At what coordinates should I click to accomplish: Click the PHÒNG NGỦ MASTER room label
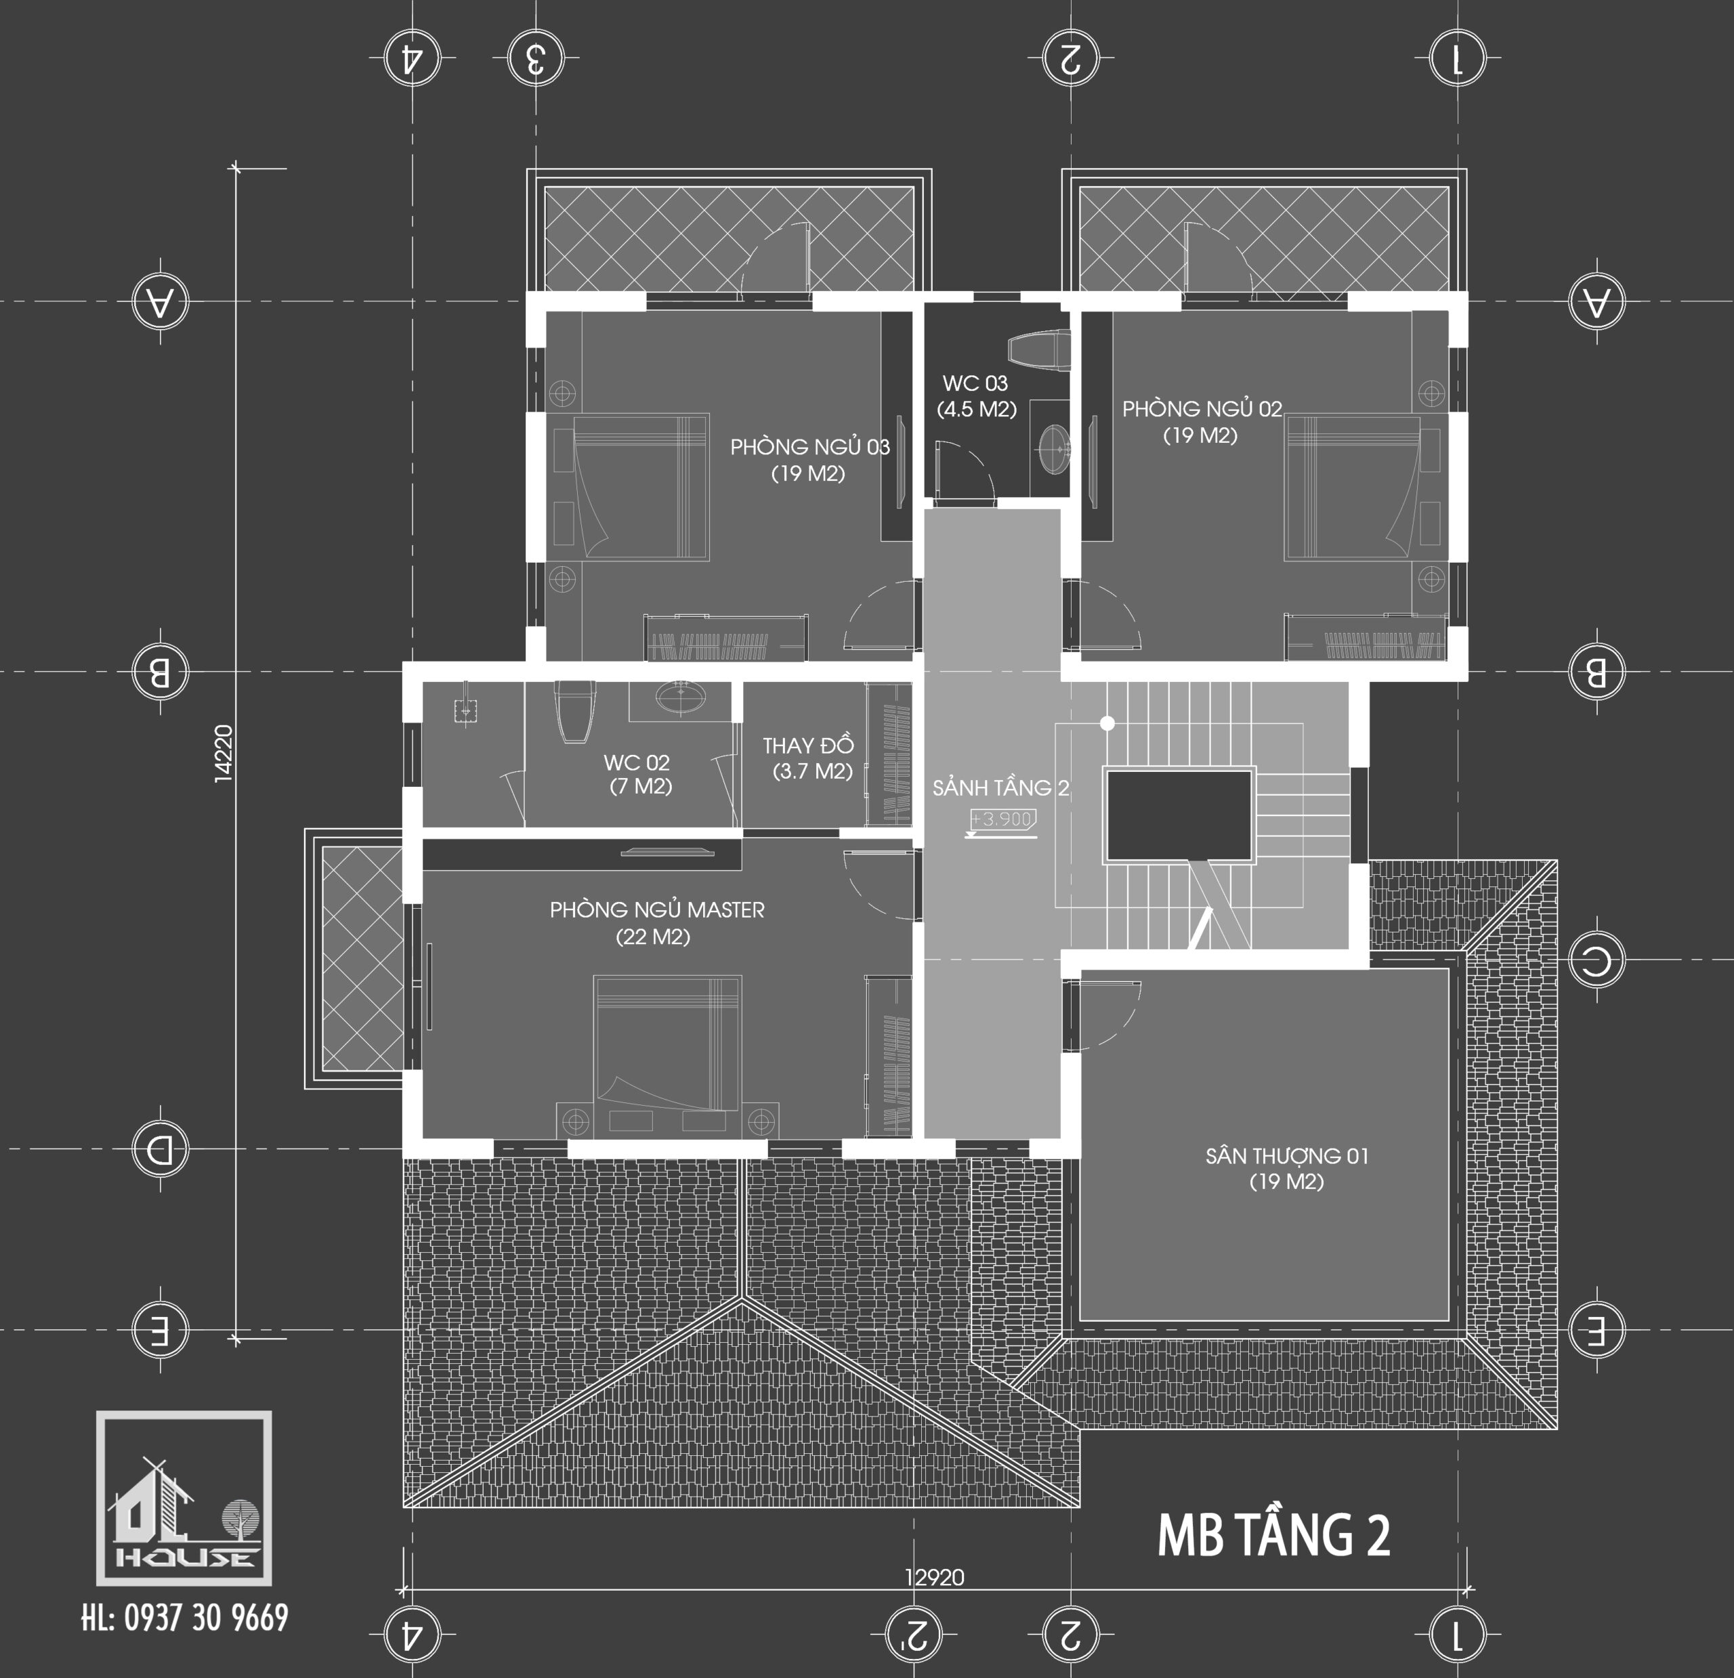656,922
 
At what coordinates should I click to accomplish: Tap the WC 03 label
976,395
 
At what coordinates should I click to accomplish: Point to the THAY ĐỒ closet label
809,758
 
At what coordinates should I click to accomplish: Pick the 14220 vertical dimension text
223,753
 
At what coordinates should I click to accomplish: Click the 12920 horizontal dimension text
934,1577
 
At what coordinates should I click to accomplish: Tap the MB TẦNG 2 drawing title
1273,1536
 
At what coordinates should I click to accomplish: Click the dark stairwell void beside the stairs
1179,815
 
